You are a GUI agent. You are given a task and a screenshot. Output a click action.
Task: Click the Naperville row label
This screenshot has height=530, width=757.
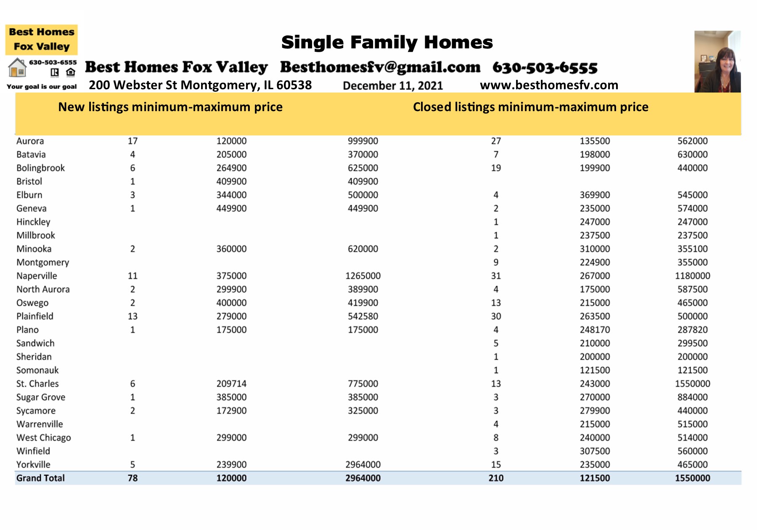pyautogui.click(x=37, y=276)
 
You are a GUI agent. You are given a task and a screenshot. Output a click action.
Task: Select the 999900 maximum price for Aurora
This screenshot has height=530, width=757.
pyautogui.click(x=363, y=141)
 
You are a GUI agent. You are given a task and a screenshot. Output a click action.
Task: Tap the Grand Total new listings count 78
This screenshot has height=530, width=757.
pyautogui.click(x=132, y=478)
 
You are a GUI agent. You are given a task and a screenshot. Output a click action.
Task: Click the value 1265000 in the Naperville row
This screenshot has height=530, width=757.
pyautogui.click(x=363, y=276)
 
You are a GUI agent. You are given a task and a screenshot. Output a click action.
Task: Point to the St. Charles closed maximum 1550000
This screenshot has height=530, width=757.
pyautogui.click(x=692, y=384)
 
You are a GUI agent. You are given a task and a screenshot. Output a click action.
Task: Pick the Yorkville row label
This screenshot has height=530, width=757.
pyautogui.click(x=33, y=464)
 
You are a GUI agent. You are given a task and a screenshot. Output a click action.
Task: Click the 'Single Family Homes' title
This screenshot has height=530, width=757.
pyautogui.click(x=387, y=42)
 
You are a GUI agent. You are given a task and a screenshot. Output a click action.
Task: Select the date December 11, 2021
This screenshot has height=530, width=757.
pyautogui.click(x=393, y=86)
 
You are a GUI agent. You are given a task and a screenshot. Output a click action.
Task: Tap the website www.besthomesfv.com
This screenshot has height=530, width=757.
pyautogui.click(x=549, y=85)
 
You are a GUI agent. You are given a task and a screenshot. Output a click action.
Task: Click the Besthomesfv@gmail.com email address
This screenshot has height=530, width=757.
pyautogui.click(x=380, y=67)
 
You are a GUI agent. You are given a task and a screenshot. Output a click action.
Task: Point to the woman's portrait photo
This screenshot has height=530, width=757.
pyautogui.click(x=717, y=61)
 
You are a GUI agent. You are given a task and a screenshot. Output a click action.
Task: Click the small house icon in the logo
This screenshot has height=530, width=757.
pyautogui.click(x=17, y=68)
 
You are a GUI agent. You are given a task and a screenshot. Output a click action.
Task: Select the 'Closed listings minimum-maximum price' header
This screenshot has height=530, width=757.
pyautogui.click(x=530, y=107)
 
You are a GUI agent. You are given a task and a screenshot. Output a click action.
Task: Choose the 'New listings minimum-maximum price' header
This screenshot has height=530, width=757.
pyautogui.click(x=170, y=107)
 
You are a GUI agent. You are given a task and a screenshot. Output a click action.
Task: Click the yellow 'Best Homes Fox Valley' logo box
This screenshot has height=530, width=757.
pyautogui.click(x=41, y=40)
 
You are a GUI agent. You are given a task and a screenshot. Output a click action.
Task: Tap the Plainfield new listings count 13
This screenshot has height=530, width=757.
pyautogui.click(x=132, y=316)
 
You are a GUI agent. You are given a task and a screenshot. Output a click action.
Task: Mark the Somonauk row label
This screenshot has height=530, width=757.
pyautogui.click(x=37, y=370)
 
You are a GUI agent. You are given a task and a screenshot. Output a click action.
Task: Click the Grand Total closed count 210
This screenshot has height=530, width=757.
pyautogui.click(x=496, y=478)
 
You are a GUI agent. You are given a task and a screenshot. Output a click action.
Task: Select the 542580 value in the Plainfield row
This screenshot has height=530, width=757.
pyautogui.click(x=363, y=316)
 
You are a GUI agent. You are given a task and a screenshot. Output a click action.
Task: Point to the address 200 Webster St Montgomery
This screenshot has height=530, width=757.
pyautogui.click(x=200, y=85)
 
